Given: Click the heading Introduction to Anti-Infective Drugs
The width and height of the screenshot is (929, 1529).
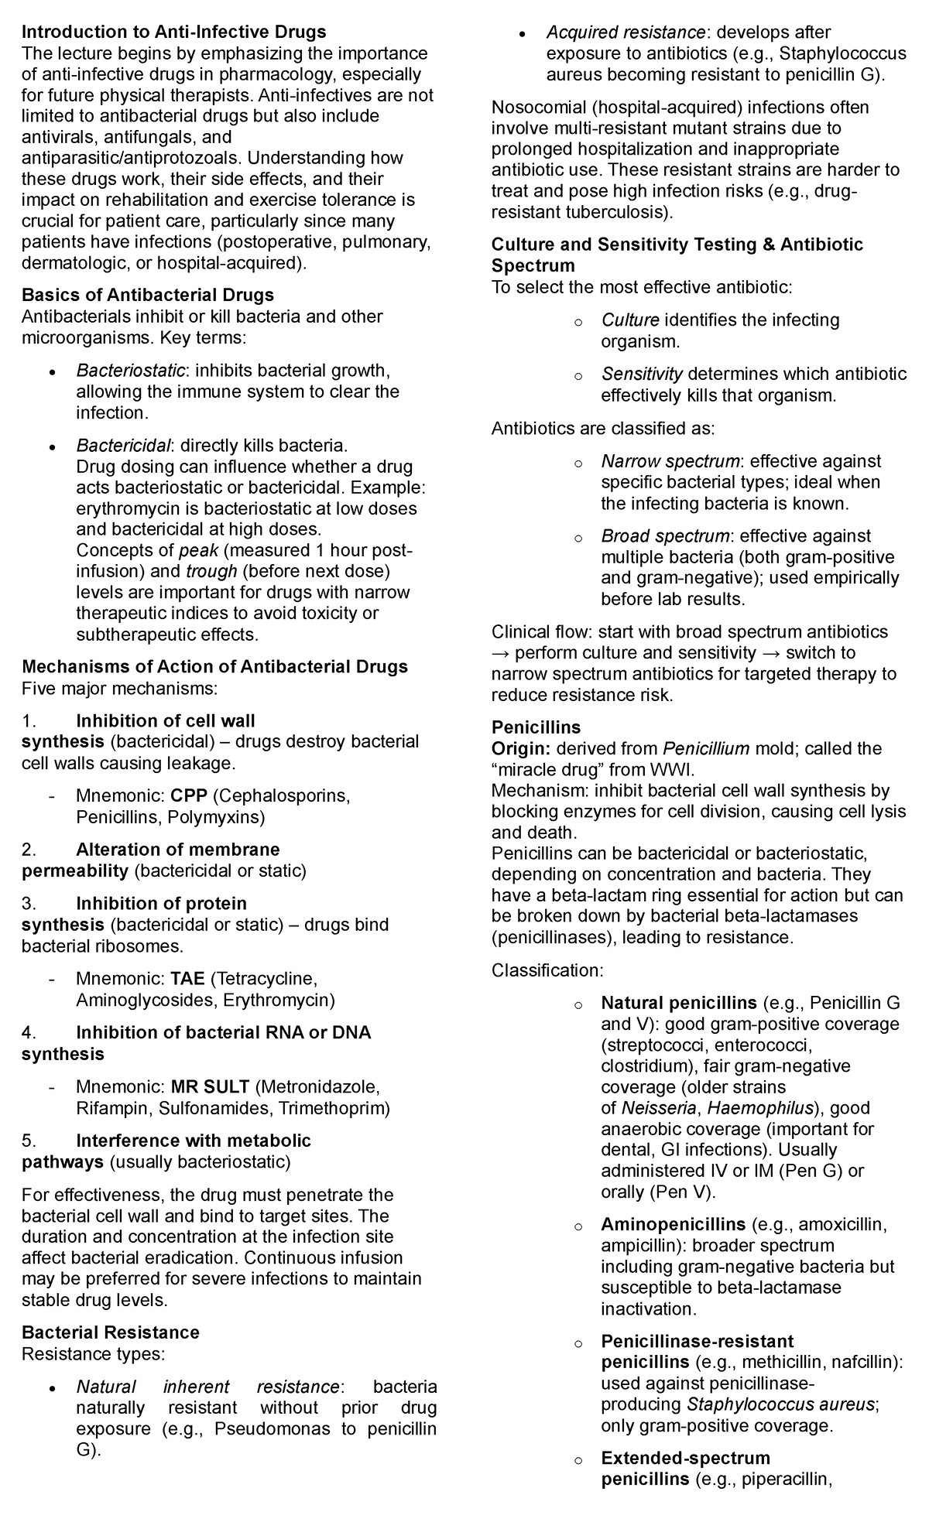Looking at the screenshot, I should click(x=173, y=32).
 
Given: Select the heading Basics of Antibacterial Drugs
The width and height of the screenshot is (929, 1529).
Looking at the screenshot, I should click(x=148, y=296).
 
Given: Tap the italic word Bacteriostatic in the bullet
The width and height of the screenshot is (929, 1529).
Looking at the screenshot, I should click(x=130, y=371).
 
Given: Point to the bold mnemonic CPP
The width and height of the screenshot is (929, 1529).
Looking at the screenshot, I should click(x=190, y=796).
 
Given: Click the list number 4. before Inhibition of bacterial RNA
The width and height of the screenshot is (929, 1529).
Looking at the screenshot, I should click(x=29, y=1033).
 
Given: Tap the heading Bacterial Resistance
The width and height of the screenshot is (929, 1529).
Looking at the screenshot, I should click(x=111, y=1332).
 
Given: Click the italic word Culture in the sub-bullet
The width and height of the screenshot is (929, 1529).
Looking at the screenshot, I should click(x=630, y=320).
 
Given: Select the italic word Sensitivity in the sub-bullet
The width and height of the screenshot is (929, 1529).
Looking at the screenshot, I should click(x=642, y=375).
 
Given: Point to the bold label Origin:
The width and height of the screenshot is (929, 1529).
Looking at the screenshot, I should click(x=521, y=749).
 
